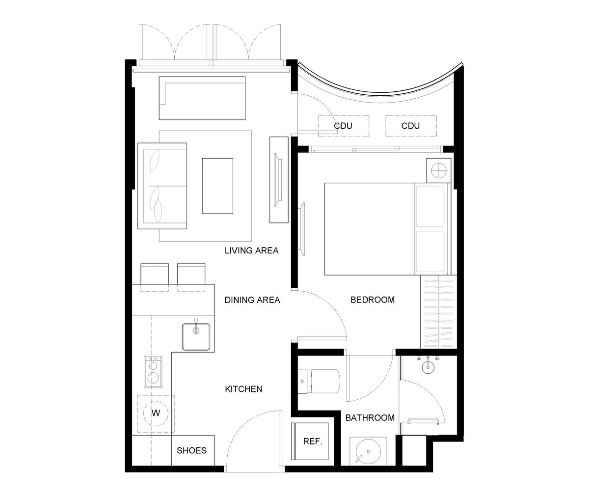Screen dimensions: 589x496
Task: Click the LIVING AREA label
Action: [251, 250]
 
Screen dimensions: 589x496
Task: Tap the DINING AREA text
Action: [252, 300]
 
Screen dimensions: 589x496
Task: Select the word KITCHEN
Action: [243, 389]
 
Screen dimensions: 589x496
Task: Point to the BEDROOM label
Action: [373, 300]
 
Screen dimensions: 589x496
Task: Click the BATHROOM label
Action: [370, 417]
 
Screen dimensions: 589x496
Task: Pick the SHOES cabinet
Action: [193, 450]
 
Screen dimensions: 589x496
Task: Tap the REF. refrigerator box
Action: [310, 441]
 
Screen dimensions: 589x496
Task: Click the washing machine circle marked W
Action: [156, 413]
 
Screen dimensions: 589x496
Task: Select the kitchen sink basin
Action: [196, 336]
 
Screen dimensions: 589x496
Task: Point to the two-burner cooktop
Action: [153, 372]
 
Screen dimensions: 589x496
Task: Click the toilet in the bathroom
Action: [319, 381]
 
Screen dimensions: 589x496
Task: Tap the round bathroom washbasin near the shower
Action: [428, 367]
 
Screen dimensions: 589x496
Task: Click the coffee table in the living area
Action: [217, 186]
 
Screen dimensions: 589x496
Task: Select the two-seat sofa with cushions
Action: [162, 186]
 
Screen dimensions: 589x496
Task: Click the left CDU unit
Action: [344, 126]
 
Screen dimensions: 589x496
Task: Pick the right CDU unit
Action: [411, 126]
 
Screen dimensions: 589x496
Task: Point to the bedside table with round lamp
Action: [439, 170]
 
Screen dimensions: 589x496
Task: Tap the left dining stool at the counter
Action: [155, 277]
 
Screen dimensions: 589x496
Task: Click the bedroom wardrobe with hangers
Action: [438, 312]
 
